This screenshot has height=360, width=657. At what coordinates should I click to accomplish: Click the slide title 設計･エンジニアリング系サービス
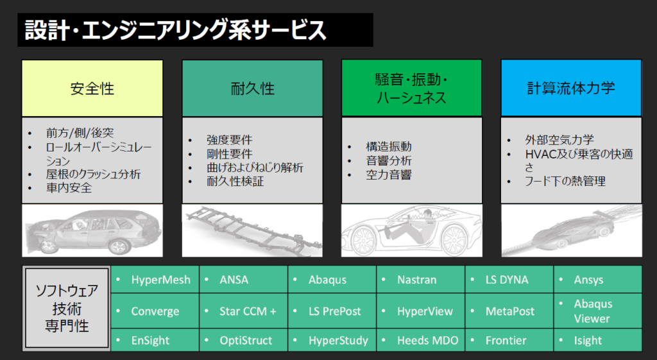tap(175, 30)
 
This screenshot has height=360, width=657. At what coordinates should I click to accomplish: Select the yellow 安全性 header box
tap(92, 88)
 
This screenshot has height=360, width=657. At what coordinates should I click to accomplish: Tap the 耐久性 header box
tap(252, 88)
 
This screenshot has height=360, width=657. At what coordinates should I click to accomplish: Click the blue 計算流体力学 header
tap(571, 88)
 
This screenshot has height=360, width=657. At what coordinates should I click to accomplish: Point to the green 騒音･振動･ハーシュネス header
tap(411, 88)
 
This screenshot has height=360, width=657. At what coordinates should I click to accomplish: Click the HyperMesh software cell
tap(155, 280)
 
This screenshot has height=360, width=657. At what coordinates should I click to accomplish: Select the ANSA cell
tap(243, 280)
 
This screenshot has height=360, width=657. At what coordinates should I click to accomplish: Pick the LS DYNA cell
tap(509, 280)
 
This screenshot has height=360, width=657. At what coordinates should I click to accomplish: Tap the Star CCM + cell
tap(243, 311)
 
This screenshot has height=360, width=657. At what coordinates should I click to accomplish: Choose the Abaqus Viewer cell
tap(598, 311)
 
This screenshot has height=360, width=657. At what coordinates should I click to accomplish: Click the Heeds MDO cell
tap(421, 340)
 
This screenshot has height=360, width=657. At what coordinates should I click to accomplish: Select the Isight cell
tap(598, 340)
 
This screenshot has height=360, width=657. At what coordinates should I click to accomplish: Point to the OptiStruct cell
tap(243, 340)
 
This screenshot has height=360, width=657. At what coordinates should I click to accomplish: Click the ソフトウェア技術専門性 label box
tap(67, 308)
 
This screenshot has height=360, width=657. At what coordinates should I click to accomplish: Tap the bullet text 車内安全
tap(69, 187)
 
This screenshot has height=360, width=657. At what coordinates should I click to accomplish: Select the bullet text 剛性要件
tap(229, 154)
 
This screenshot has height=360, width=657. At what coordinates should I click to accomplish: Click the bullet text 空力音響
tap(388, 175)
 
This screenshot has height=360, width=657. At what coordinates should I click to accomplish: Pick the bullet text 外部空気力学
tap(559, 139)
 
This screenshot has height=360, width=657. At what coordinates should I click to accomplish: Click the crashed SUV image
tap(92, 230)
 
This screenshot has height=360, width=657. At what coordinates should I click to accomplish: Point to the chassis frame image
tap(252, 230)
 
